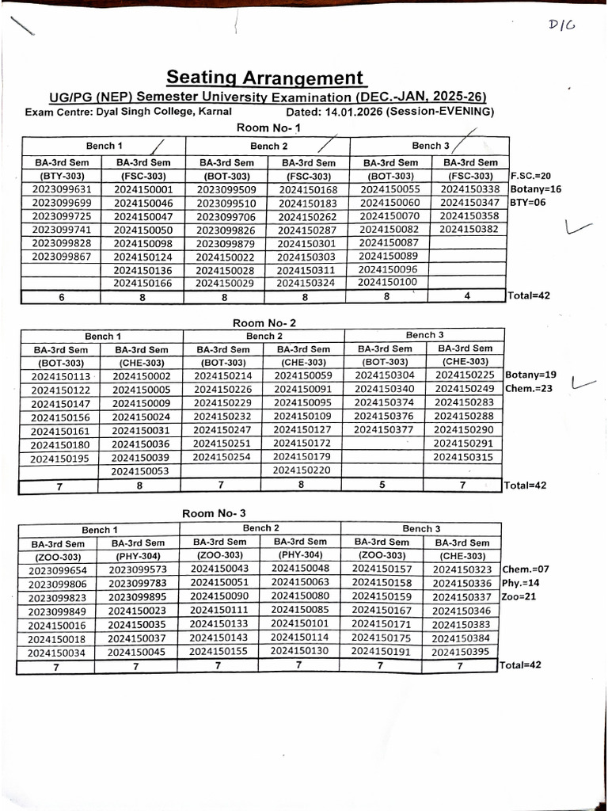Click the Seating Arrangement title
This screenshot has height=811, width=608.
[x=266, y=78]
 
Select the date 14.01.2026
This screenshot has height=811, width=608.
[x=349, y=112]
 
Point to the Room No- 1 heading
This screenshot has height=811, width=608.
[x=268, y=128]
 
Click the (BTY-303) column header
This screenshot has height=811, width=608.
[x=62, y=176]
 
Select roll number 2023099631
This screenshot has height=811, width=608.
[x=62, y=189]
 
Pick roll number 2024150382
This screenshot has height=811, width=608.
[x=469, y=229]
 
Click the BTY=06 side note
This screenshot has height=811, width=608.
[x=528, y=203]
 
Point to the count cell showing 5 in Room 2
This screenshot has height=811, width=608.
[x=384, y=485]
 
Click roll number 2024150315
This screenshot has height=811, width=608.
[x=464, y=457]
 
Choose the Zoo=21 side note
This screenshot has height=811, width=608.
[x=519, y=596]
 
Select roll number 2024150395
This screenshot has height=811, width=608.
[x=462, y=652]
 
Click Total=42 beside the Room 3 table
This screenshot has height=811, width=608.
[x=520, y=665]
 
